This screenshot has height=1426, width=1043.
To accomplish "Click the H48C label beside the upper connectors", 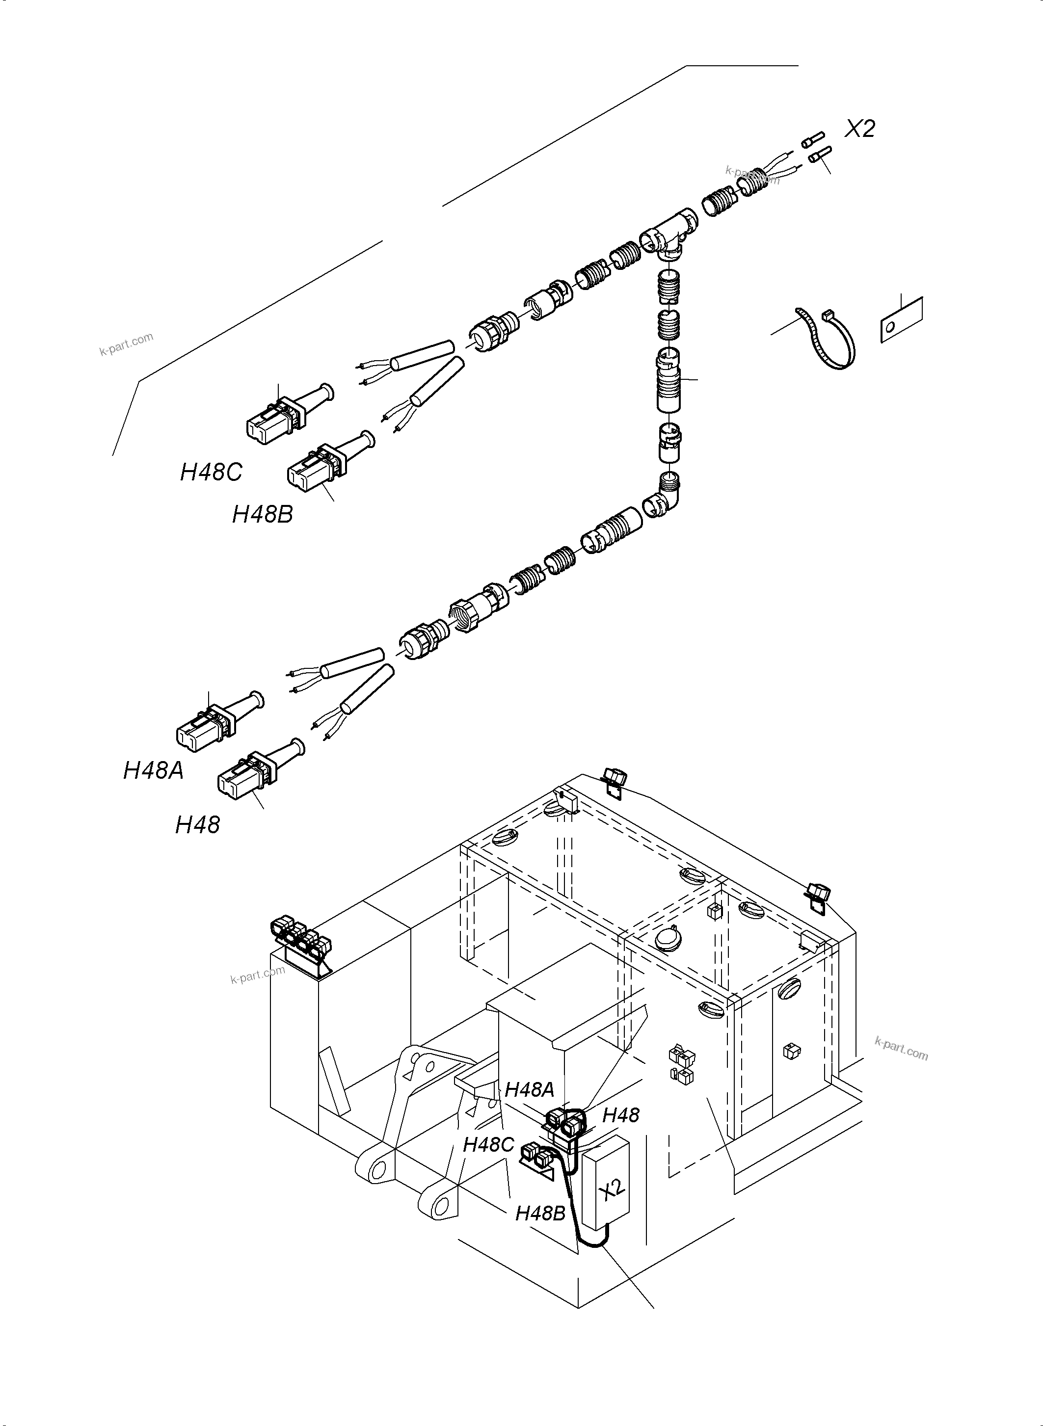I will [x=211, y=472].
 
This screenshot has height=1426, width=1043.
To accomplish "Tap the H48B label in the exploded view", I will [x=263, y=514].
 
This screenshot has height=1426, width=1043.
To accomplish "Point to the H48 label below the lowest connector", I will [x=198, y=825].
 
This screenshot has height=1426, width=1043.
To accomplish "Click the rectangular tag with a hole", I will [x=901, y=320].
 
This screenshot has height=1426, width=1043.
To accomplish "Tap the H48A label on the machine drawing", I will [x=529, y=1089].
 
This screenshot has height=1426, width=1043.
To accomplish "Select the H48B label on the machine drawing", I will [x=540, y=1213].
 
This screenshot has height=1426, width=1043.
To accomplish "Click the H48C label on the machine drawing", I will [x=488, y=1144].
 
